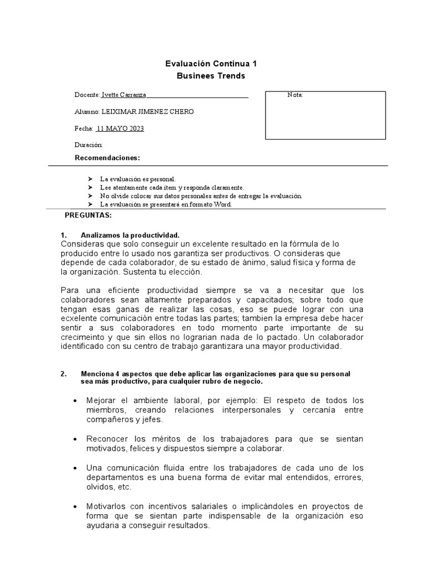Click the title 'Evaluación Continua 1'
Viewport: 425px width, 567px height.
pyautogui.click(x=211, y=64)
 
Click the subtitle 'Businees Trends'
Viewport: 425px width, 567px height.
pyautogui.click(x=211, y=76)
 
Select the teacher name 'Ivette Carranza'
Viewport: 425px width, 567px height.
pyautogui.click(x=123, y=95)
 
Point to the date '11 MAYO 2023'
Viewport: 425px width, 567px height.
pyautogui.click(x=120, y=128)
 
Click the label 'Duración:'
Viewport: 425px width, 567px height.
pyautogui.click(x=89, y=145)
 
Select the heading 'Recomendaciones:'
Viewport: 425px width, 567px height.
pyautogui.click(x=107, y=158)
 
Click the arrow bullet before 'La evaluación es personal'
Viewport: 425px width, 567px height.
pyautogui.click(x=90, y=179)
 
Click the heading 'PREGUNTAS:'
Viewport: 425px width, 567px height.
pyautogui.click(x=89, y=214)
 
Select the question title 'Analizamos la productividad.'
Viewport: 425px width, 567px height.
pyautogui.click(x=130, y=235)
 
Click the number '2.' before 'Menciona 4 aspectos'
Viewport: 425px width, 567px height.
pyautogui.click(x=63, y=374)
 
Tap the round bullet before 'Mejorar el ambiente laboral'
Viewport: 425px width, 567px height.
pyautogui.click(x=75, y=400)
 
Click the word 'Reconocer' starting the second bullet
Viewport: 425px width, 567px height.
pyautogui.click(x=105, y=439)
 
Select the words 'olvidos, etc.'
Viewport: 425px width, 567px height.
pyautogui.click(x=109, y=487)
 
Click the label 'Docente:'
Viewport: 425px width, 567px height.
pyautogui.click(x=87, y=95)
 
